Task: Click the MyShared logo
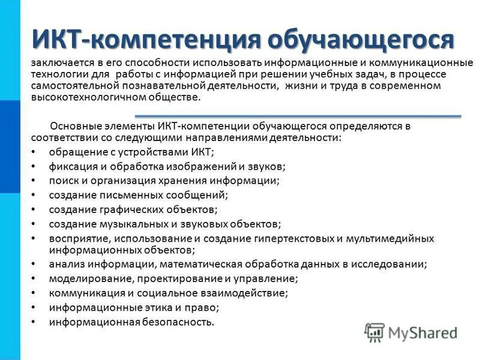412,332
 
